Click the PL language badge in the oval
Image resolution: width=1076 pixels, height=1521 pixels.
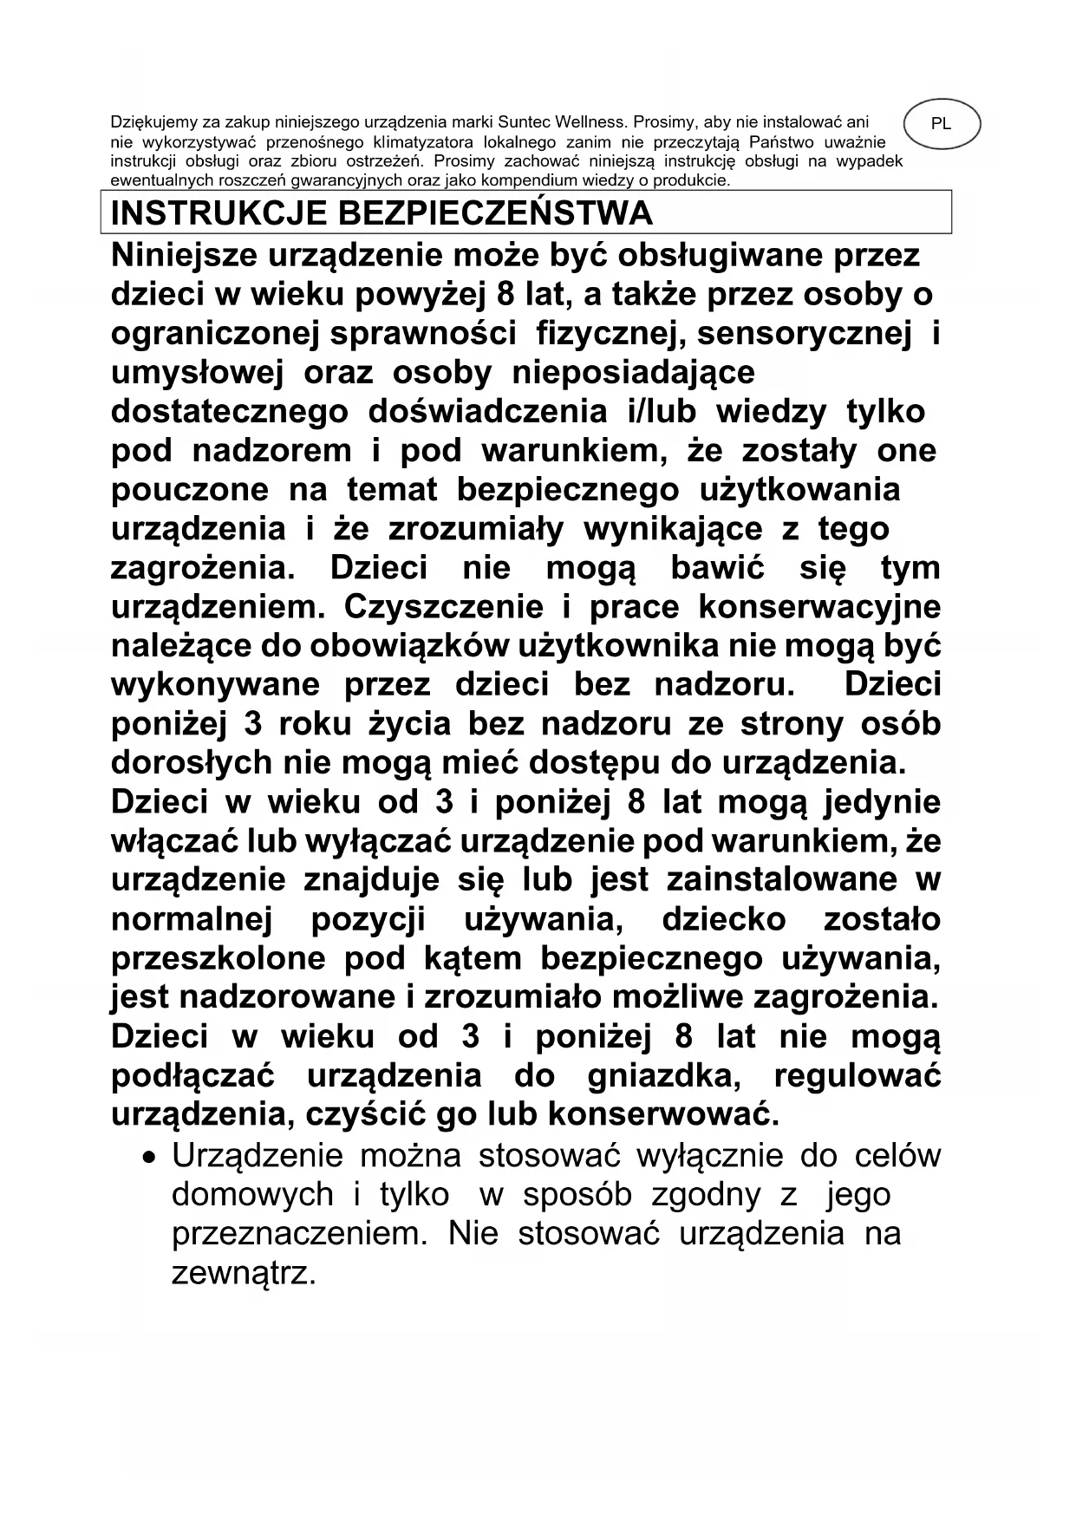941,124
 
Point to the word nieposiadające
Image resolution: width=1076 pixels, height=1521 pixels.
634,373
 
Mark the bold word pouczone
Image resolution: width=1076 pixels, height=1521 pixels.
190,490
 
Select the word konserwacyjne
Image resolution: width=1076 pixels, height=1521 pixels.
819,607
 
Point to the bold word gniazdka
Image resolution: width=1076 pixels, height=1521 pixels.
663,1076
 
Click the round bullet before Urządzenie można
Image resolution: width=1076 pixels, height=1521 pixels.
152,1158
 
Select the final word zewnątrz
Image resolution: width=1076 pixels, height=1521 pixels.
242,1273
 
